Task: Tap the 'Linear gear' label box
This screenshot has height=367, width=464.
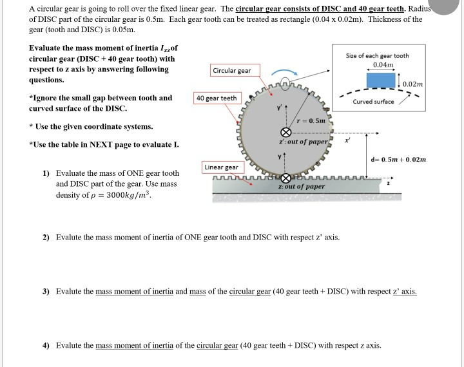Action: [221, 167]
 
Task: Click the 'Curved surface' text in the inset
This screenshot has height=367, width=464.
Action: [374, 102]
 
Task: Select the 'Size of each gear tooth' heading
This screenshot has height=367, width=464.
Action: [382, 56]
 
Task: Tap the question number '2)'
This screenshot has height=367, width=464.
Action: [46, 238]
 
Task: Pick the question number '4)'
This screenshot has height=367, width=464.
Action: [46, 345]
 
